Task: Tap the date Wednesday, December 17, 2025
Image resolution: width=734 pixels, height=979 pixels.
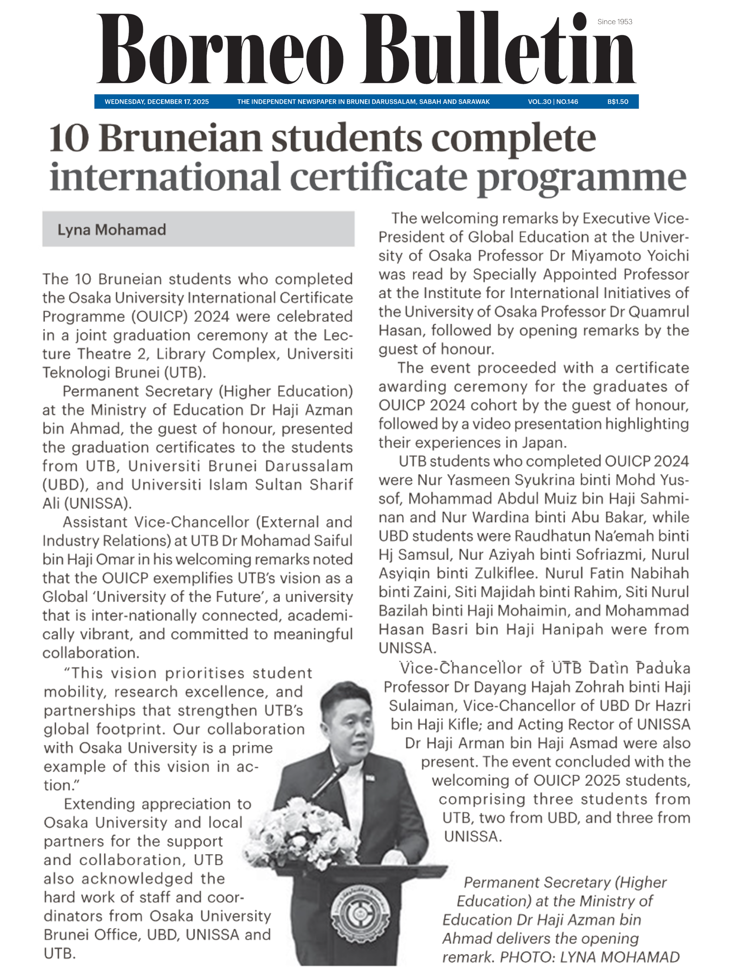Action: tap(157, 102)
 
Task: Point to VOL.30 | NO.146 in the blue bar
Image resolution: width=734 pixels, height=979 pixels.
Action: tap(552, 102)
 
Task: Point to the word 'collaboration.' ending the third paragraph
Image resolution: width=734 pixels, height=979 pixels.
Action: tap(91, 653)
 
